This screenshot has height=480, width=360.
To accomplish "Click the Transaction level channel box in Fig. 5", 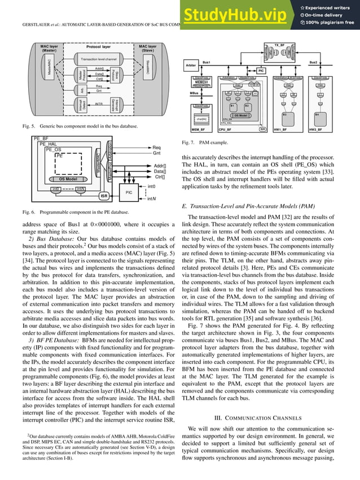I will coord(99,59).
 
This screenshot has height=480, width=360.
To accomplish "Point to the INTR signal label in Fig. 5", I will coord(99,104).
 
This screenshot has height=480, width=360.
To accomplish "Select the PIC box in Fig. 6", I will coord(129,192).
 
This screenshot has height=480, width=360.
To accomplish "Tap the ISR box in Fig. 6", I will coord(104,196).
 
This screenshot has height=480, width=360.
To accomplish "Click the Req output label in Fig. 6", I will coord(157,148).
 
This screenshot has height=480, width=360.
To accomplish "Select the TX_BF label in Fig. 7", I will coord(279,44).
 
